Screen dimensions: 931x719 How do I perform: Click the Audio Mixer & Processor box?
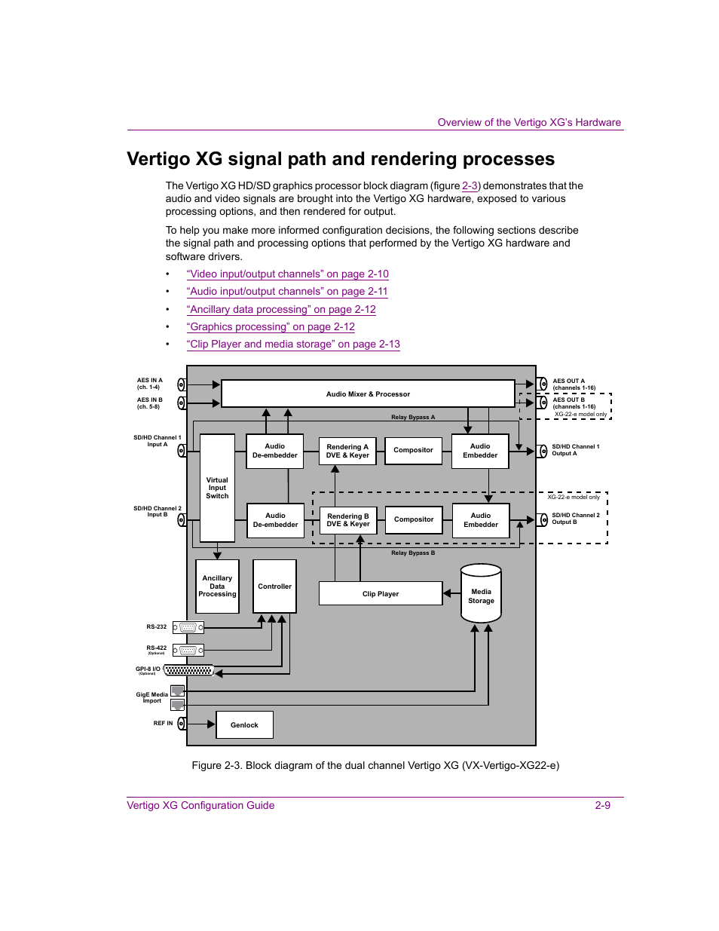coord(368,394)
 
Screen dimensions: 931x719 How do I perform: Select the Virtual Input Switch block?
coord(217,488)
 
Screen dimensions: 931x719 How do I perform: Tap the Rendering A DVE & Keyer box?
coord(347,451)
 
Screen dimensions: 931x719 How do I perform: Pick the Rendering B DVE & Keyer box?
coord(347,520)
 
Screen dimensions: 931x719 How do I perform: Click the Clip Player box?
coord(381,593)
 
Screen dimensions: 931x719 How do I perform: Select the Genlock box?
coord(244,724)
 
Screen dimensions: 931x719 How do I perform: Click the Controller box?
coord(274,586)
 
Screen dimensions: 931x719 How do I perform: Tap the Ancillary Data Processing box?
coord(217,586)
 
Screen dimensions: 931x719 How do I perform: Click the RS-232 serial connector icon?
coord(188,627)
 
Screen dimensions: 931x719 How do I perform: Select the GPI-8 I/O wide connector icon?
coord(188,670)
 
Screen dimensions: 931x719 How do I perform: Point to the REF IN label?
coord(163,723)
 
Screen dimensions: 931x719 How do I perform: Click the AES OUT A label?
coord(569,381)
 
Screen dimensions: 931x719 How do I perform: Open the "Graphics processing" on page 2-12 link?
coord(271,326)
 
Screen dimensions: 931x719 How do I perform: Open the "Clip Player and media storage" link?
coord(293,344)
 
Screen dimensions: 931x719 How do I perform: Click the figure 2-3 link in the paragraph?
coord(470,185)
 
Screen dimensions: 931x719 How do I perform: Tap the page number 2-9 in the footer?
coord(602,805)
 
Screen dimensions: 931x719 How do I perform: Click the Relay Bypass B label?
coord(412,553)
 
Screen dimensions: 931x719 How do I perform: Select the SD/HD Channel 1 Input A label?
coord(157,441)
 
